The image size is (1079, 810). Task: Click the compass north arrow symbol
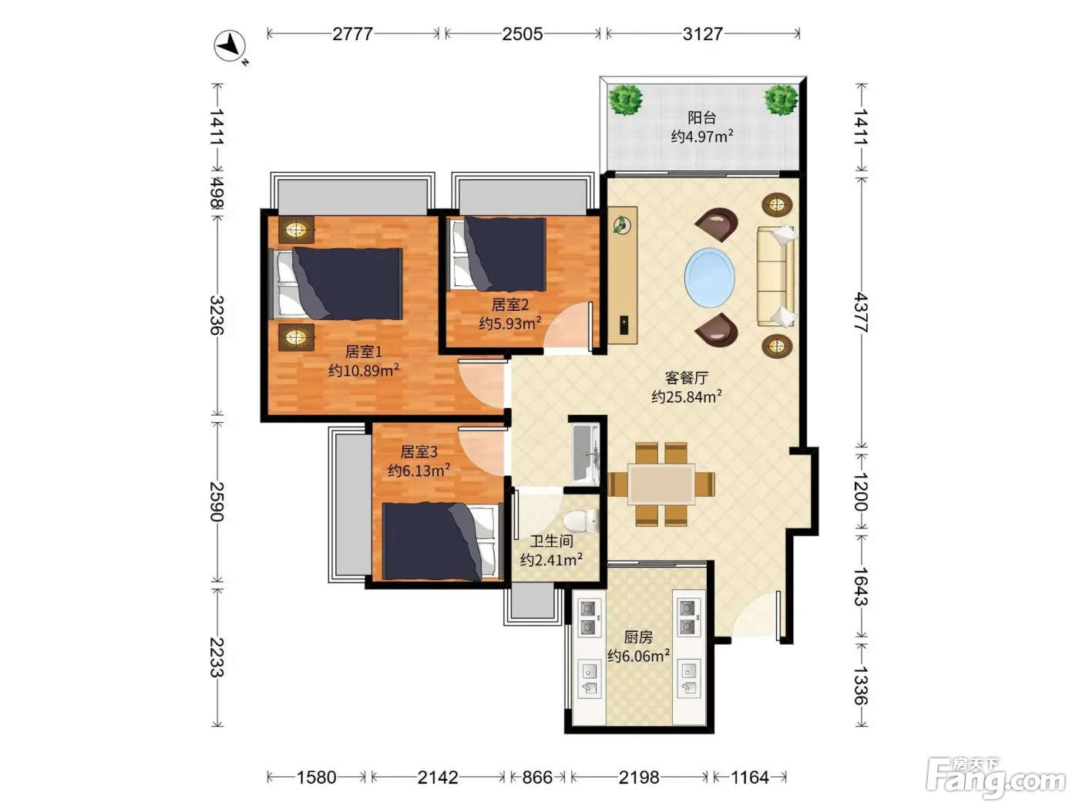tap(230, 46)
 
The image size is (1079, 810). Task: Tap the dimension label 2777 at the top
tap(352, 34)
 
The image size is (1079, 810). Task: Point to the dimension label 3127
tap(702, 34)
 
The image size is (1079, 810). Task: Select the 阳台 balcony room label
tap(701, 117)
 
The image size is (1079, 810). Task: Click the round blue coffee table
tap(709, 278)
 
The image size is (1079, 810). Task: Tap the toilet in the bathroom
tap(580, 520)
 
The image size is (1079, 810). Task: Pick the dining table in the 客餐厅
tap(661, 484)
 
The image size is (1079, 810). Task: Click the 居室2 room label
tap(509, 305)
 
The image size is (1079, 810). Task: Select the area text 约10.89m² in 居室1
tap(364, 370)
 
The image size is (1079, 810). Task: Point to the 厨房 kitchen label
tap(638, 637)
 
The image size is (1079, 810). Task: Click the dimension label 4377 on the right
tap(860, 312)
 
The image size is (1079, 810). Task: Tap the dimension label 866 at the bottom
tap(536, 778)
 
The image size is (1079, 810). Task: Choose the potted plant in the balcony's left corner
tap(625, 100)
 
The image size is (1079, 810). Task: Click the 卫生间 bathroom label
tap(552, 542)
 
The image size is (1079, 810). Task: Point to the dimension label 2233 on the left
tap(217, 657)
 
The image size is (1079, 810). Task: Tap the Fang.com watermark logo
tap(995, 777)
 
